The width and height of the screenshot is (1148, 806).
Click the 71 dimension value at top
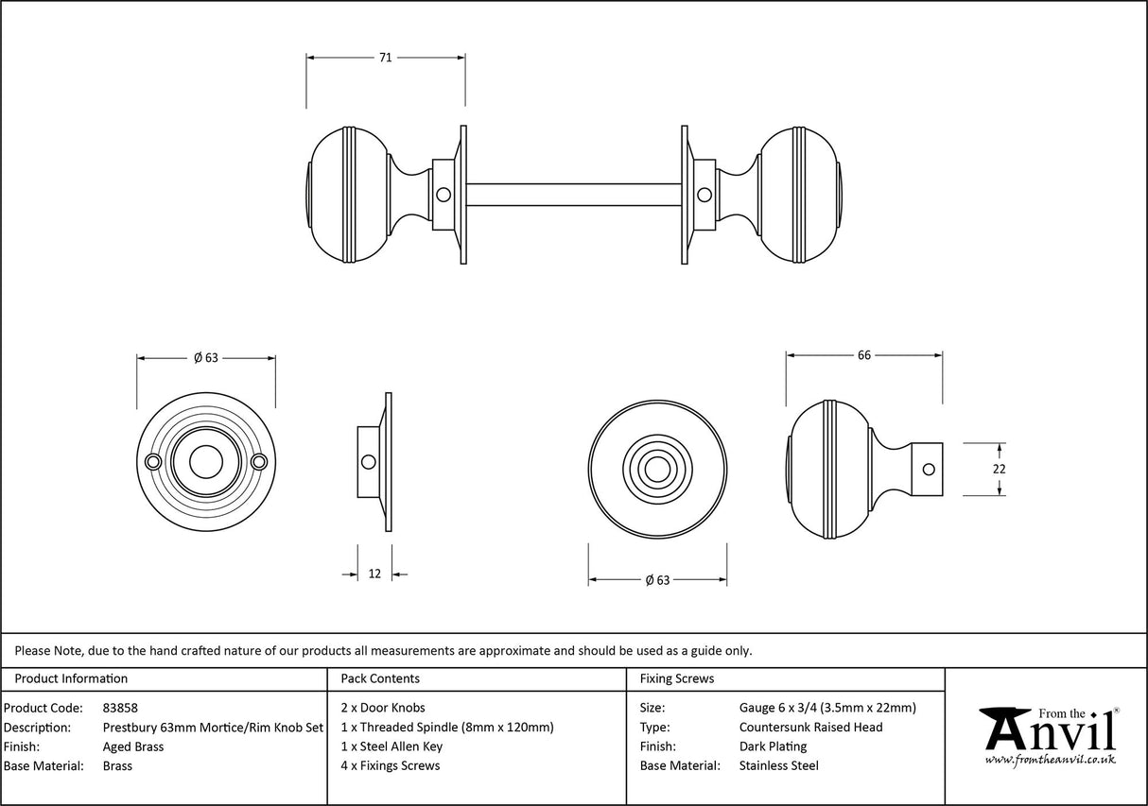click(x=385, y=58)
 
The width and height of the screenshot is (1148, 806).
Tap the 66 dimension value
click(x=863, y=355)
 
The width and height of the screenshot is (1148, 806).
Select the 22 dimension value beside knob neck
click(x=1000, y=469)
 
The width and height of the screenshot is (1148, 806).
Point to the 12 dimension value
click(x=374, y=574)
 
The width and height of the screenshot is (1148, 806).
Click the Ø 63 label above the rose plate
click(x=205, y=357)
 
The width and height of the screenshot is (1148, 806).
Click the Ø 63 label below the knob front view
click(x=657, y=580)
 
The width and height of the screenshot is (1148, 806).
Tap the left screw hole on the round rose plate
click(x=152, y=461)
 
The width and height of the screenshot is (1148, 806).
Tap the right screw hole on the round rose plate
click(x=260, y=461)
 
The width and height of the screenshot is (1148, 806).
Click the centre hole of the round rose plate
click(x=206, y=462)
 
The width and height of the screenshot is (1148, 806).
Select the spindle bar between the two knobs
click(x=572, y=195)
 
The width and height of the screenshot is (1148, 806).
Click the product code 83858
click(x=120, y=708)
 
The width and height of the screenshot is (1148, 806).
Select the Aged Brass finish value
click(x=132, y=746)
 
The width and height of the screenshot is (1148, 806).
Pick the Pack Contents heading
click(x=379, y=678)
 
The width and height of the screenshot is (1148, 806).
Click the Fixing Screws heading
click(x=677, y=678)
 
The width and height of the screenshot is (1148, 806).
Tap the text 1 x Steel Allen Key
click(x=391, y=746)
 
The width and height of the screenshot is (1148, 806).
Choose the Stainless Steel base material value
click(x=778, y=766)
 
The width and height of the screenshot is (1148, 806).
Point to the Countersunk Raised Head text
click(x=810, y=727)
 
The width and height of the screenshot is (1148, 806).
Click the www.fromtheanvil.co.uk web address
click(x=1050, y=759)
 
